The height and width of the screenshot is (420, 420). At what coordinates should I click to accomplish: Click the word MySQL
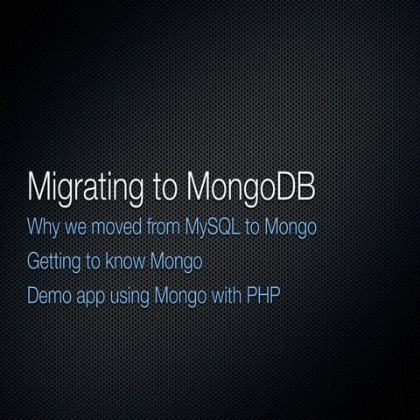(213, 227)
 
